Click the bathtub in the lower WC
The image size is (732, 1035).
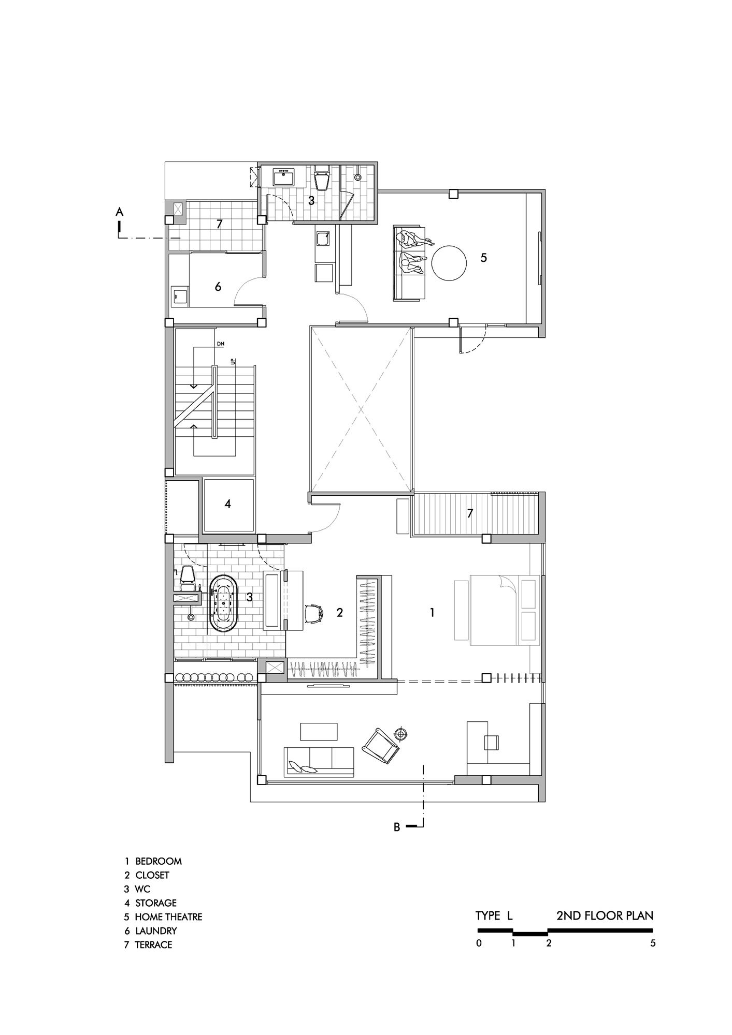tap(223, 603)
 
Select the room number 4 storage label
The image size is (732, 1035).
tap(227, 504)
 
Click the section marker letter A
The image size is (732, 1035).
tap(119, 211)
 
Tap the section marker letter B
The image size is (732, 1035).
tap(397, 827)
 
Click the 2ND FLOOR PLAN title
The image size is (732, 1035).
tap(605, 915)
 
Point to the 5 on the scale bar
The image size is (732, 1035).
tap(653, 943)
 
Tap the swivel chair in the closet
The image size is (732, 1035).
tap(313, 613)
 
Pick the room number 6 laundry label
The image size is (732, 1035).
tap(218, 286)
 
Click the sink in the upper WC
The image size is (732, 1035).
tap(284, 176)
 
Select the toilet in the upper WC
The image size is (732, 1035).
tap(322, 178)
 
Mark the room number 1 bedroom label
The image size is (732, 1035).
tap(432, 613)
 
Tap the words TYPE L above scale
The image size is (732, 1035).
tap(494, 915)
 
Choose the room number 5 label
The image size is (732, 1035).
tap(483, 257)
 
